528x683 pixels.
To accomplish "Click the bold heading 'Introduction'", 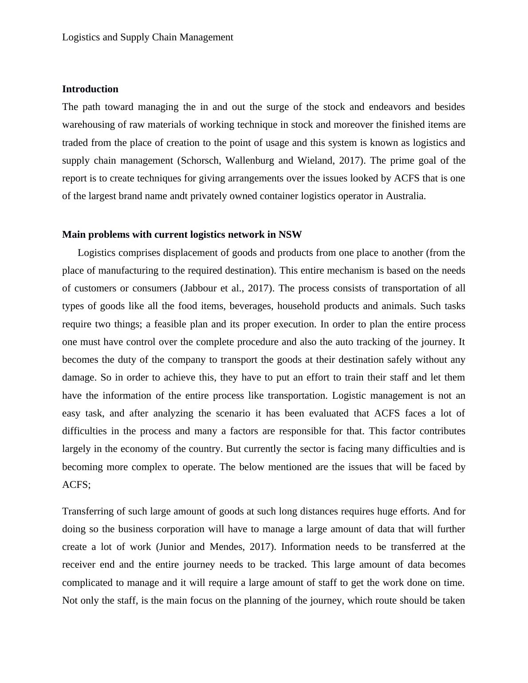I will (90, 89).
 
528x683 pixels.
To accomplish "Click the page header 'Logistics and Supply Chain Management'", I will (147, 37).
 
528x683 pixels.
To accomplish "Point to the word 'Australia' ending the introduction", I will (405, 196).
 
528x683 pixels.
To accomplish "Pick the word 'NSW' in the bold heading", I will (290, 235).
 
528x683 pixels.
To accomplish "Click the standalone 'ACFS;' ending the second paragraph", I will (76, 485).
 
